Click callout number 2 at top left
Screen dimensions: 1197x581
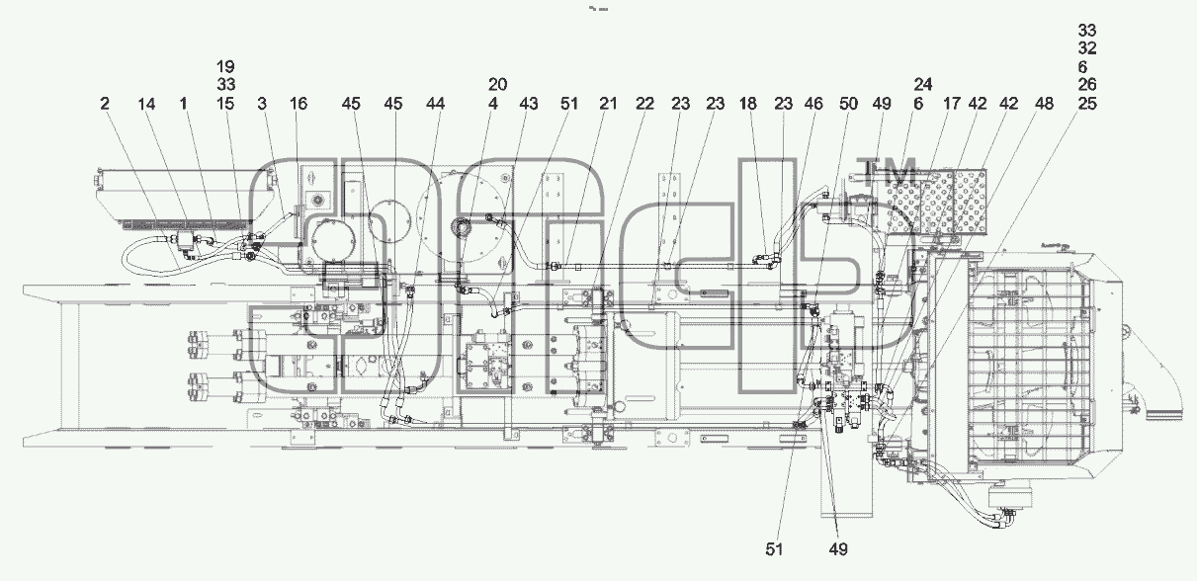[x=105, y=103]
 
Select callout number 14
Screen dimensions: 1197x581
[x=146, y=103]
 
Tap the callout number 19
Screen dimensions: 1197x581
[x=225, y=67]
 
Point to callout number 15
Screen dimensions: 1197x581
[x=225, y=103]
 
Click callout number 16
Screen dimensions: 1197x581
[x=299, y=103]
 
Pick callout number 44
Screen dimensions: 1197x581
[x=436, y=103]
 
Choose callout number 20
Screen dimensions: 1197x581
[x=497, y=84]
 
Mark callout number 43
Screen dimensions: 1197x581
[x=529, y=103]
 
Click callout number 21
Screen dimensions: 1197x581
[x=608, y=103]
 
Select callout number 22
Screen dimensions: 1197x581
[x=645, y=103]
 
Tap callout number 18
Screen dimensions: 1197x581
[x=748, y=103]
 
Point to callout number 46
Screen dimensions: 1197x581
[x=813, y=103]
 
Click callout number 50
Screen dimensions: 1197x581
[x=849, y=103]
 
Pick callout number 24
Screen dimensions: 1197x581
[x=923, y=84]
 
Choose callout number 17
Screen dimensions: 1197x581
[x=952, y=103]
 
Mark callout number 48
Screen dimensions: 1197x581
[x=1044, y=103]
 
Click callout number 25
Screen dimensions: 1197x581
[x=1087, y=103]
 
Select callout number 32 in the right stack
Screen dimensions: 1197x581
[x=1087, y=48]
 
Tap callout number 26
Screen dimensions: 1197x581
[x=1087, y=84]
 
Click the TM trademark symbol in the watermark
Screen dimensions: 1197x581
[x=887, y=171]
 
